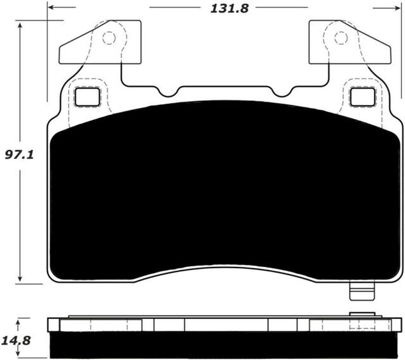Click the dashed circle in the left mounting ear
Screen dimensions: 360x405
(109, 38)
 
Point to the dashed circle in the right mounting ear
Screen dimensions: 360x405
(339, 38)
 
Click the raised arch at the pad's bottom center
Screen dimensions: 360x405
(224, 270)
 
